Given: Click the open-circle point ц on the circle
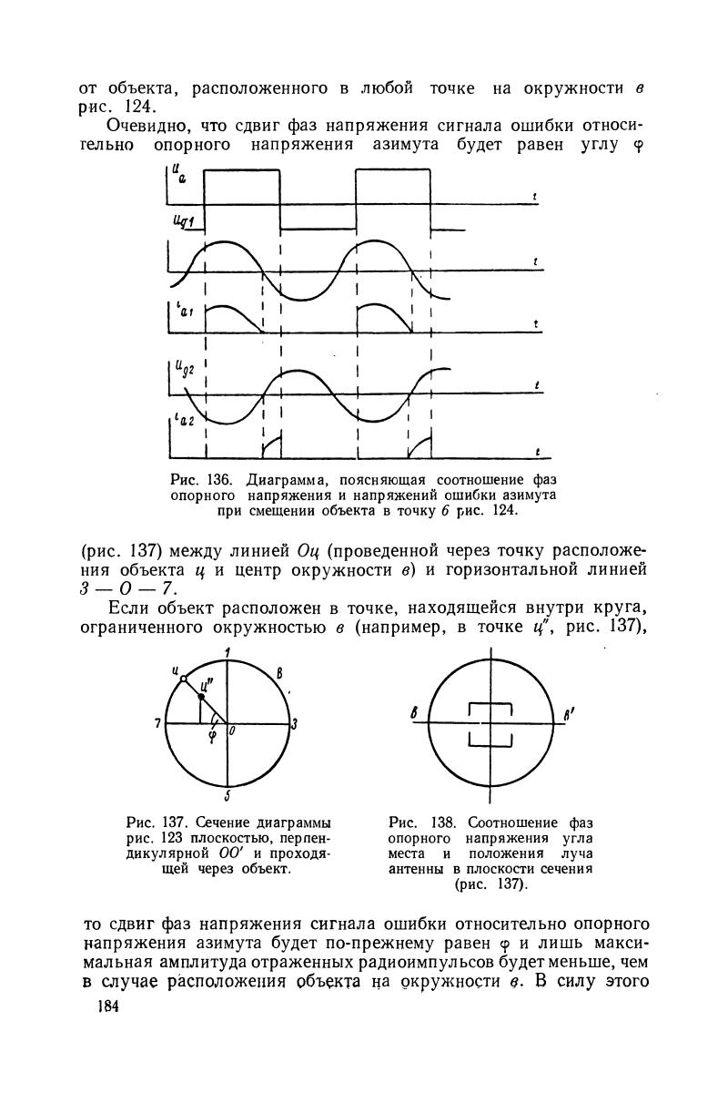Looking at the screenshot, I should pos(183,678).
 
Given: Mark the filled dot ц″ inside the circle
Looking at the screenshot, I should pos(201,696).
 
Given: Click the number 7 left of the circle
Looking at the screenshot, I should pos(157,723).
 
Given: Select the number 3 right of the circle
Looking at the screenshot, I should pos(294,724).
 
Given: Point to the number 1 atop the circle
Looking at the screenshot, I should pos(227,651).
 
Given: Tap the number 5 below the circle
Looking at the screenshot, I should pos(227,792).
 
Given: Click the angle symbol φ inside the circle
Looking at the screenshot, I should pos(212,736).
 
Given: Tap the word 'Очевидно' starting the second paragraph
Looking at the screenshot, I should pos(150,125).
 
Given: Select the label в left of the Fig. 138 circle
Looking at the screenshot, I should pos(413,716).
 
